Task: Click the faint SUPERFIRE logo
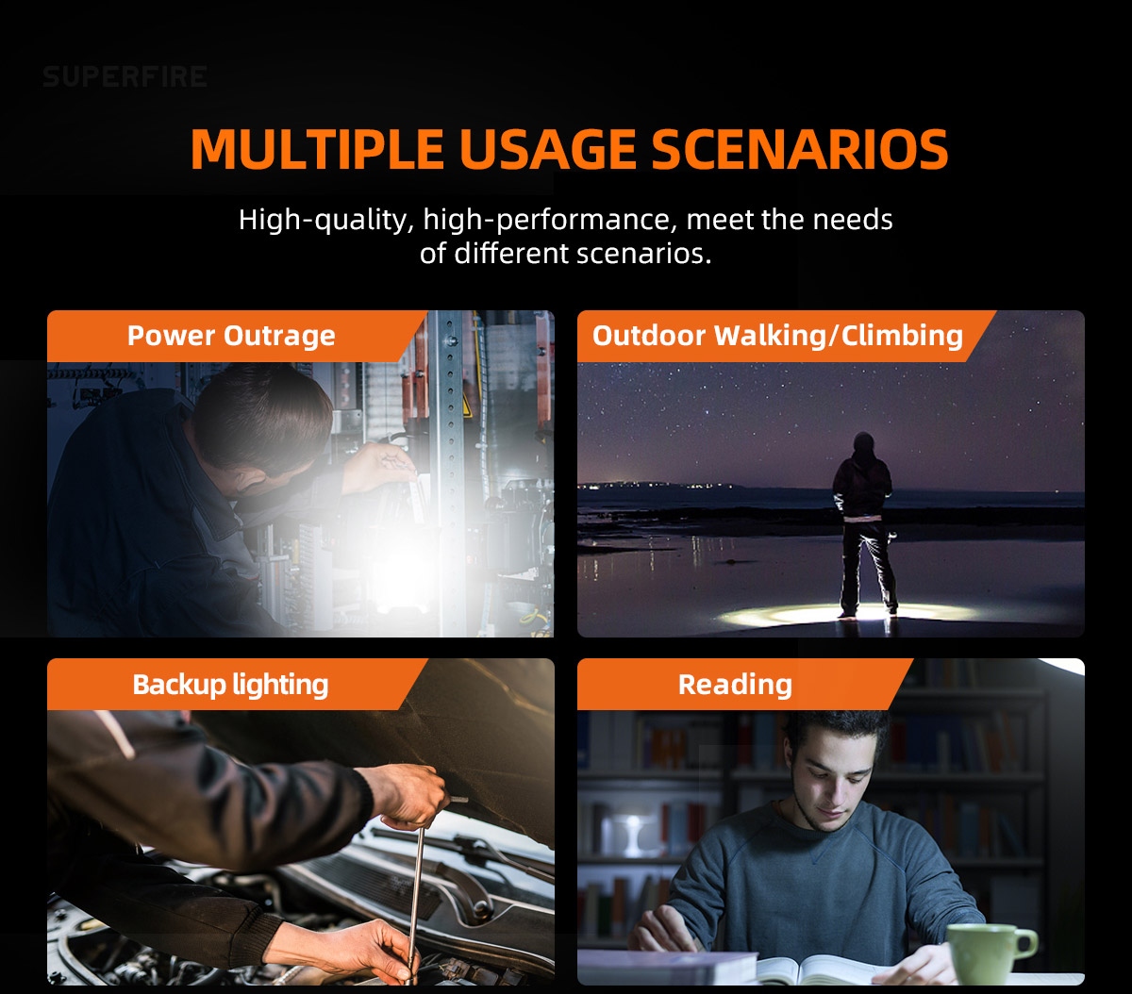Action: pos(125,76)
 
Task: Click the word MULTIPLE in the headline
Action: pos(317,149)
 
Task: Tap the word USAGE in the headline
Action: pos(547,149)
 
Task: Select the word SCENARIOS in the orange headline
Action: pos(800,149)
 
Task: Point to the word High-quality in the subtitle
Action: pos(326,220)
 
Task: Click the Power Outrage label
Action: pos(231,335)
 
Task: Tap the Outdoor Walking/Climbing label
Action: pos(777,335)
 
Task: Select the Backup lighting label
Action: pos(230,685)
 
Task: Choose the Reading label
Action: pos(735,685)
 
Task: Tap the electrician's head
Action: pos(261,416)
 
